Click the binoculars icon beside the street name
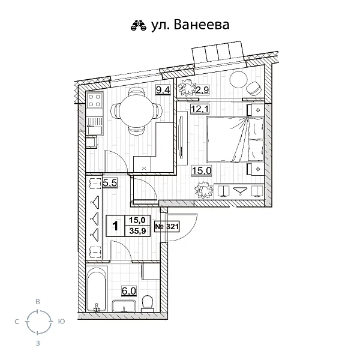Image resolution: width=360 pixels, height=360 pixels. click(139, 25)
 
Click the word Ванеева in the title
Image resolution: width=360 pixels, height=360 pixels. click(201, 25)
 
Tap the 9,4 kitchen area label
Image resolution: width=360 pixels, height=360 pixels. click(162, 91)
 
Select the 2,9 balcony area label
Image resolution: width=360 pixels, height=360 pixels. click(202, 91)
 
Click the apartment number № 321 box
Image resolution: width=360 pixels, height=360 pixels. click(167, 227)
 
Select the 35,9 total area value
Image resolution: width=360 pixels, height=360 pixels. click(137, 232)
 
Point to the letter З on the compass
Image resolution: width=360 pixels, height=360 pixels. click(38, 343)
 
